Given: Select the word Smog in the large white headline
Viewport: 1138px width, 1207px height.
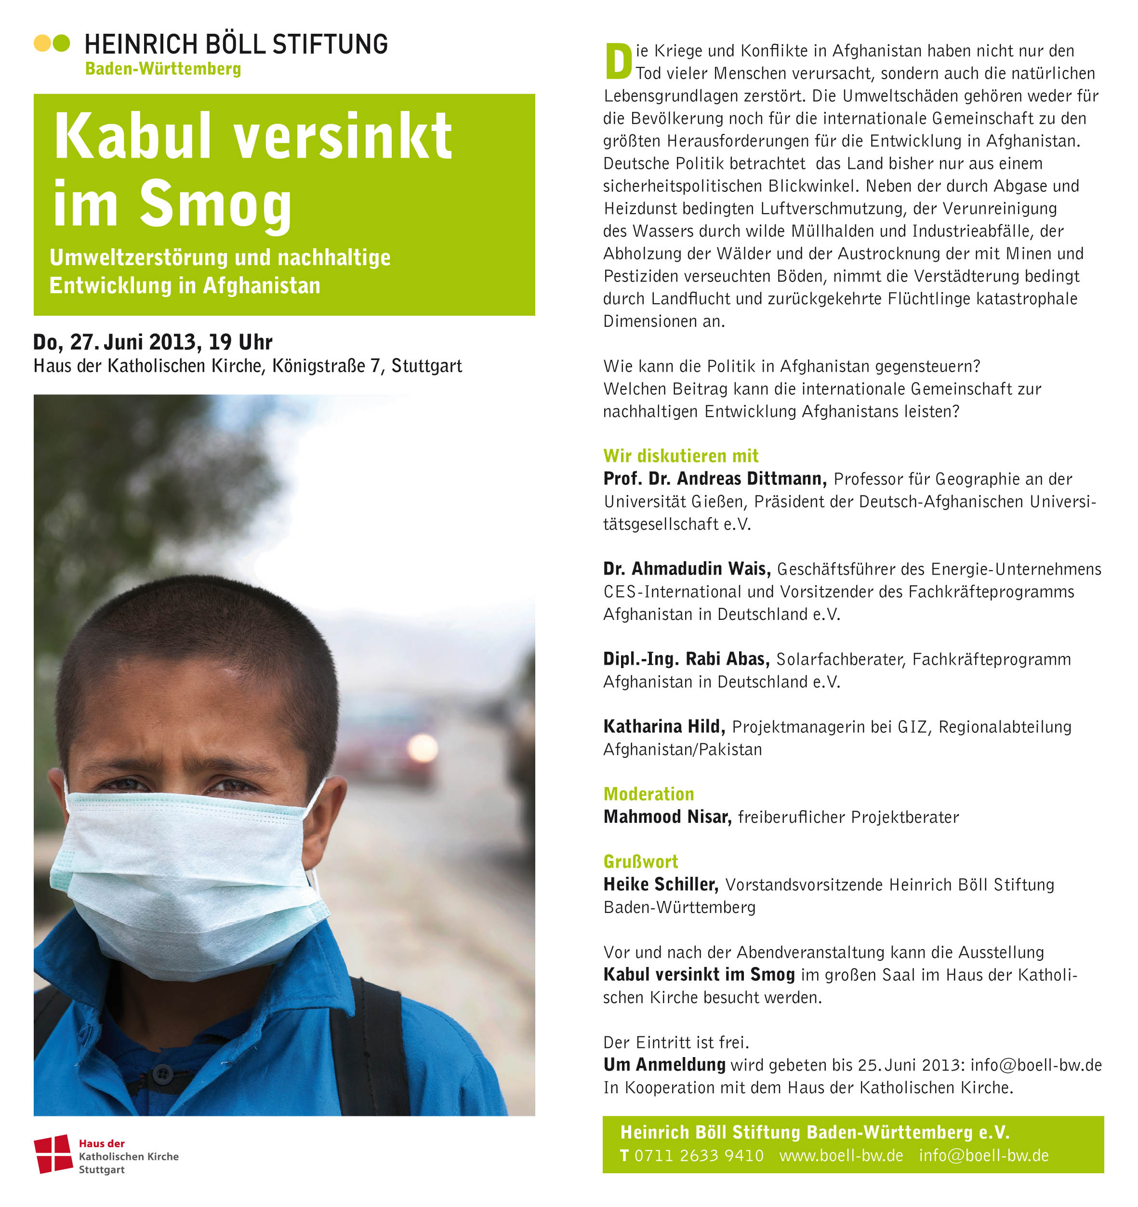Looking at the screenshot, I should point(215,205).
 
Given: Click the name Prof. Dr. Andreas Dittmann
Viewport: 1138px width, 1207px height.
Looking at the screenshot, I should point(715,479).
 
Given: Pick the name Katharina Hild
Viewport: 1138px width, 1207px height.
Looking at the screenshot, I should point(664,727).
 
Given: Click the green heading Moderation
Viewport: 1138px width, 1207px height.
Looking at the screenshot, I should point(648,794).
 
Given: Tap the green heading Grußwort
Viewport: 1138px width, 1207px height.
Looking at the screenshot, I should point(640,862).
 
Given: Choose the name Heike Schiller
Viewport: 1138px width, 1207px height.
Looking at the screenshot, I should point(661,885).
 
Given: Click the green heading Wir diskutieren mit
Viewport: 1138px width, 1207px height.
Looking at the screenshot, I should point(680,456).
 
